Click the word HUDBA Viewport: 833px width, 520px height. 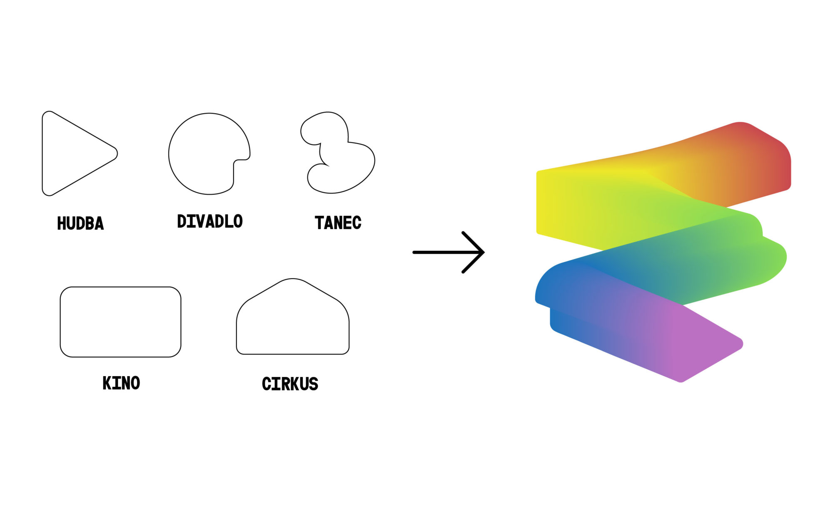(x=80, y=223)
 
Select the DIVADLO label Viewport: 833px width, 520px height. (x=210, y=221)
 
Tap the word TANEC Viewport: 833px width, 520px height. (x=338, y=223)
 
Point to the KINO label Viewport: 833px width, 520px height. (x=121, y=383)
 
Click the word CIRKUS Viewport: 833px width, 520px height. (x=290, y=384)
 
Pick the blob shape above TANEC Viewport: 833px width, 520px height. (x=337, y=152)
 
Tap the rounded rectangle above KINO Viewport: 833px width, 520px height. (x=120, y=322)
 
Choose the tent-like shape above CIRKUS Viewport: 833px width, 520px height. (x=293, y=317)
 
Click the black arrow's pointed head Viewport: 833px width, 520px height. (x=483, y=252)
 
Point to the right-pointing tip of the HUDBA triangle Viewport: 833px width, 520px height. (x=117, y=154)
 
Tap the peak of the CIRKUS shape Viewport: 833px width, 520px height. (x=293, y=279)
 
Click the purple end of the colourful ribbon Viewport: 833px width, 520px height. (x=708, y=345)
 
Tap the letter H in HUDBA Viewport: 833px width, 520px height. (x=62, y=223)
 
